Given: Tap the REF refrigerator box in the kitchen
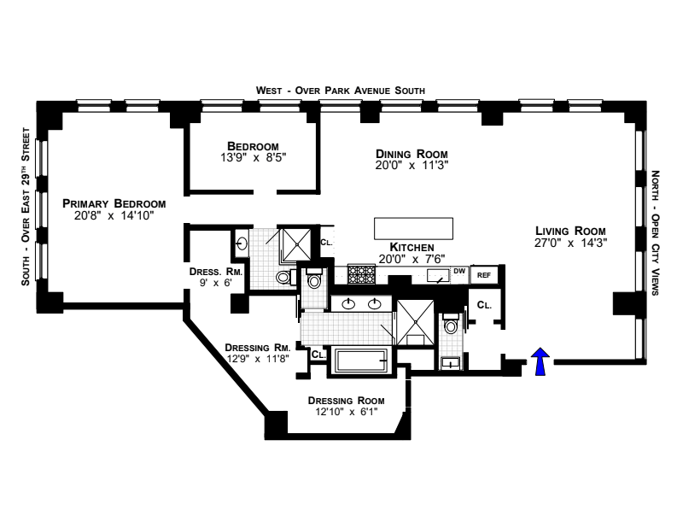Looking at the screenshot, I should [x=484, y=274].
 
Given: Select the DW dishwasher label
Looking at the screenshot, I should [x=459, y=272].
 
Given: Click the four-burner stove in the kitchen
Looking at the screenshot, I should [x=362, y=273].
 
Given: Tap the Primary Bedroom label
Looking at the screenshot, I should [x=114, y=203].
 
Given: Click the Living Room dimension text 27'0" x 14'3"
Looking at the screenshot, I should [x=570, y=243].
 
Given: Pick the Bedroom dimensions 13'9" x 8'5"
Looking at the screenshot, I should [x=254, y=157].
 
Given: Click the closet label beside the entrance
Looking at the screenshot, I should [x=484, y=304].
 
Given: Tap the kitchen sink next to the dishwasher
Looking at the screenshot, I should [x=438, y=274].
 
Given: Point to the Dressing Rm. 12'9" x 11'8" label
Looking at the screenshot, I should [x=258, y=354].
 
